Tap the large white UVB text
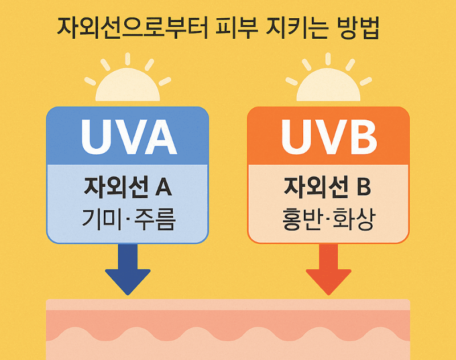pyautogui.click(x=329, y=137)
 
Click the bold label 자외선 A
pyautogui.click(x=128, y=186)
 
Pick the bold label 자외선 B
pyautogui.click(x=328, y=186)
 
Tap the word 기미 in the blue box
pyautogui.click(x=103, y=219)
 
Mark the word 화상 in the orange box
pyautogui.click(x=356, y=219)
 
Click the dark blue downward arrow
pyautogui.click(x=128, y=268)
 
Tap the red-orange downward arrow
pyautogui.click(x=329, y=268)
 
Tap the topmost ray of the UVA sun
pyautogui.click(x=128, y=59)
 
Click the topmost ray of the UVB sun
pyautogui.click(x=329, y=59)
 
